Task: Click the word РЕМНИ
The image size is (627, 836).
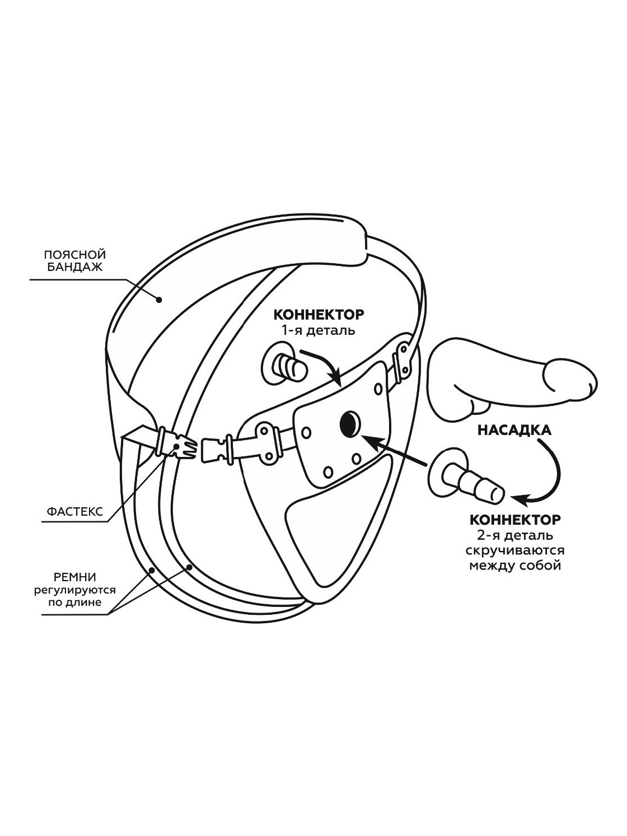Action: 75,577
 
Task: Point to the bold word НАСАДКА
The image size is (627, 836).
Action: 514,430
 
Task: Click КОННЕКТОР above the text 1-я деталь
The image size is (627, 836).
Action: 319,314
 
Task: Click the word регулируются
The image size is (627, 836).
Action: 75,590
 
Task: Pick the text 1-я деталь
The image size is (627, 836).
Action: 319,330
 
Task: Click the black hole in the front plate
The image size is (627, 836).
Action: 349,423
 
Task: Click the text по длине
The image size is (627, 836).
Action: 75,603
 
